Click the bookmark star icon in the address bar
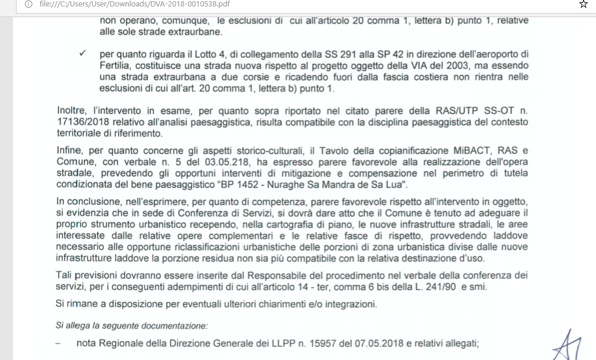click(x=584, y=5)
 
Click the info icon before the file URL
click(x=28, y=5)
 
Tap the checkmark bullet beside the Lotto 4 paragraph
click(x=83, y=54)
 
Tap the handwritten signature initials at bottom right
click(x=569, y=344)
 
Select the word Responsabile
click(x=281, y=276)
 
